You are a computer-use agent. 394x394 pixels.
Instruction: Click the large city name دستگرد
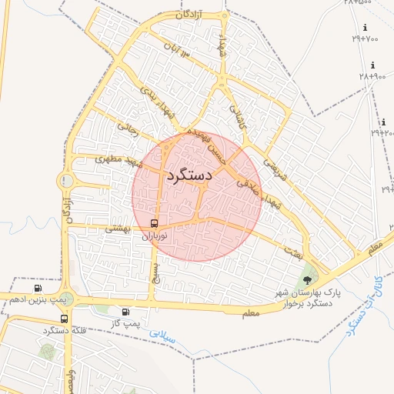[189, 176]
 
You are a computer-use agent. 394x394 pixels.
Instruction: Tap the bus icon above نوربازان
[155, 224]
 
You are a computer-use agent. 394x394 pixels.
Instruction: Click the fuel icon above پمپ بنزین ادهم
[38, 288]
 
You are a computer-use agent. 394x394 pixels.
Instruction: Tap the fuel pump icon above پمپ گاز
[125, 312]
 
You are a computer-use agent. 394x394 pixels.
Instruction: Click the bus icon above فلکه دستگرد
[64, 318]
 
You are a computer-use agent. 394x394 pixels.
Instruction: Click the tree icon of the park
[309, 279]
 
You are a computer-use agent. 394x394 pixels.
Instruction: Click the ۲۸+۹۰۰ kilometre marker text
[373, 76]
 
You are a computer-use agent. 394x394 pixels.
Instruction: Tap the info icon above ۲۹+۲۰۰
[383, 122]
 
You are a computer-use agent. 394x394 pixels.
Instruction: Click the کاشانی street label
[235, 115]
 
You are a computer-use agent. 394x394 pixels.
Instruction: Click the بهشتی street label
[119, 228]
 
